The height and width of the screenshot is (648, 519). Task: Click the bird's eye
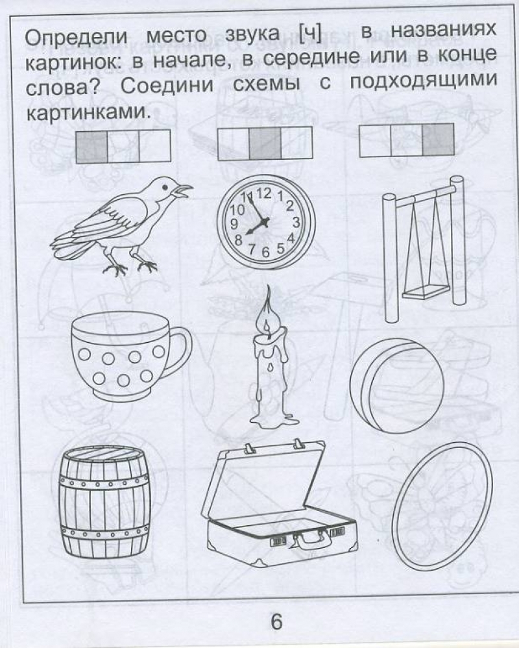click(x=165, y=187)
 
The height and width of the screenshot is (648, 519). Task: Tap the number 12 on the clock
click(x=264, y=193)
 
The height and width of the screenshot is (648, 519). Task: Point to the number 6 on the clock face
click(x=265, y=252)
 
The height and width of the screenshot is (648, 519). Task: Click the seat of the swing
click(x=426, y=293)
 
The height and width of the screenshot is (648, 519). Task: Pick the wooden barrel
click(x=104, y=502)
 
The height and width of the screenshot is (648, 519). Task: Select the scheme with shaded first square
click(x=123, y=146)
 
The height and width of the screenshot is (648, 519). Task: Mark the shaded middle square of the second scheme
click(x=265, y=143)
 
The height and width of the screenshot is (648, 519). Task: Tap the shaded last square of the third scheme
click(x=438, y=140)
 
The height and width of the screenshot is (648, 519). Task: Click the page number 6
click(x=276, y=621)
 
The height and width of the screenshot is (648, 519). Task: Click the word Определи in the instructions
click(x=77, y=37)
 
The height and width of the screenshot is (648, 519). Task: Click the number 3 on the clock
click(x=296, y=223)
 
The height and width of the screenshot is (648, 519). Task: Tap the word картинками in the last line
click(x=87, y=112)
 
